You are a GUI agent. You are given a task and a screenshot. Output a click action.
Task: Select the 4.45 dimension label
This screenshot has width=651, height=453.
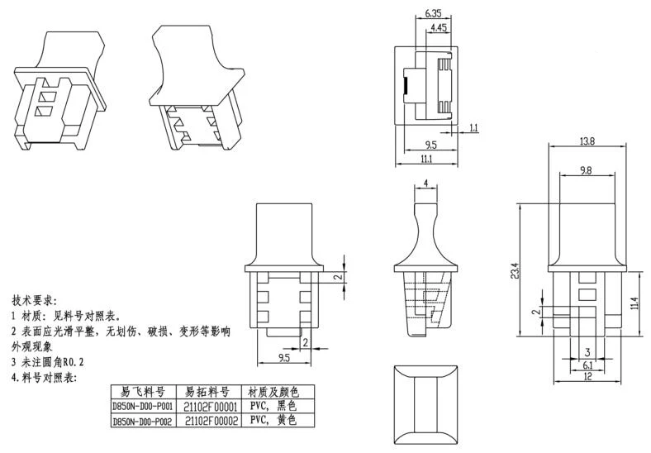pos(440,29)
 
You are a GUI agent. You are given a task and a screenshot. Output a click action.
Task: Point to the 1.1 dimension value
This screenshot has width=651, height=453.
pos(473,127)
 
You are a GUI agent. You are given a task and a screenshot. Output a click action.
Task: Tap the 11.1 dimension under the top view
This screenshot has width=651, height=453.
pos(426,158)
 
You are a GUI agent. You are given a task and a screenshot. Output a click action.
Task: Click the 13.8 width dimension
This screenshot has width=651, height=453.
pos(587,141)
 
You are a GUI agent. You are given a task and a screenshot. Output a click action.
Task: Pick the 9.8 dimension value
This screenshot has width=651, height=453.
pos(587,171)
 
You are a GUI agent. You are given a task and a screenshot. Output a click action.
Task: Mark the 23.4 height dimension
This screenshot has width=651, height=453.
pos(515,270)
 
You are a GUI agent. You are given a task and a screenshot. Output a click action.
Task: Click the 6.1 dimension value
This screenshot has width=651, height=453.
pos(587,365)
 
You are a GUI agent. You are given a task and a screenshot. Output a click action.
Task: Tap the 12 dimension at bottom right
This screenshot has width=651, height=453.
pos(587,377)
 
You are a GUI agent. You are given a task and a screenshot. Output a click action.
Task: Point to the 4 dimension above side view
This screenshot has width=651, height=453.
pos(425,183)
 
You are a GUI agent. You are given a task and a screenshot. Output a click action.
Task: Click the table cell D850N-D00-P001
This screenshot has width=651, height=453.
pos(141,406)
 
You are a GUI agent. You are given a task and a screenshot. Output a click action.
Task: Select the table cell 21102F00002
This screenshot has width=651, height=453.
pos(211,420)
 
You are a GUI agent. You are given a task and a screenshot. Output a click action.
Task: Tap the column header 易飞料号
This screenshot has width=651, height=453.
pos(141,391)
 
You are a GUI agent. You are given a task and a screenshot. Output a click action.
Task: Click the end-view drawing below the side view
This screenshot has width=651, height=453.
pos(426,403)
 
